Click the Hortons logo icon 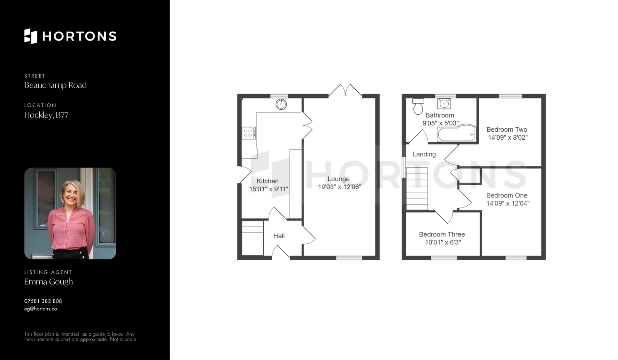pos(31,36)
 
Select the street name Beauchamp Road pos(55,85)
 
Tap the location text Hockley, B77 pos(46,115)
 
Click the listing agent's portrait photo pos(70,213)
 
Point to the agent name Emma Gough pos(49,282)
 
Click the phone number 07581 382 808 pos(43,301)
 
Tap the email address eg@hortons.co pos(41,309)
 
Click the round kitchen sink pos(281,104)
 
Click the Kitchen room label pos(267,181)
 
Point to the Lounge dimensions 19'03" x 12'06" pos(340,187)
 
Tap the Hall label pos(279,236)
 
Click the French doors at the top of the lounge pos(345,90)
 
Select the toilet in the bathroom pos(418,106)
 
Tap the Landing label pos(424,154)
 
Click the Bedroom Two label pos(507,130)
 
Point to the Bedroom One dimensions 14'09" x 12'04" pos(508,203)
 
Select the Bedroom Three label pos(442,235)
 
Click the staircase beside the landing pos(417,189)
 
